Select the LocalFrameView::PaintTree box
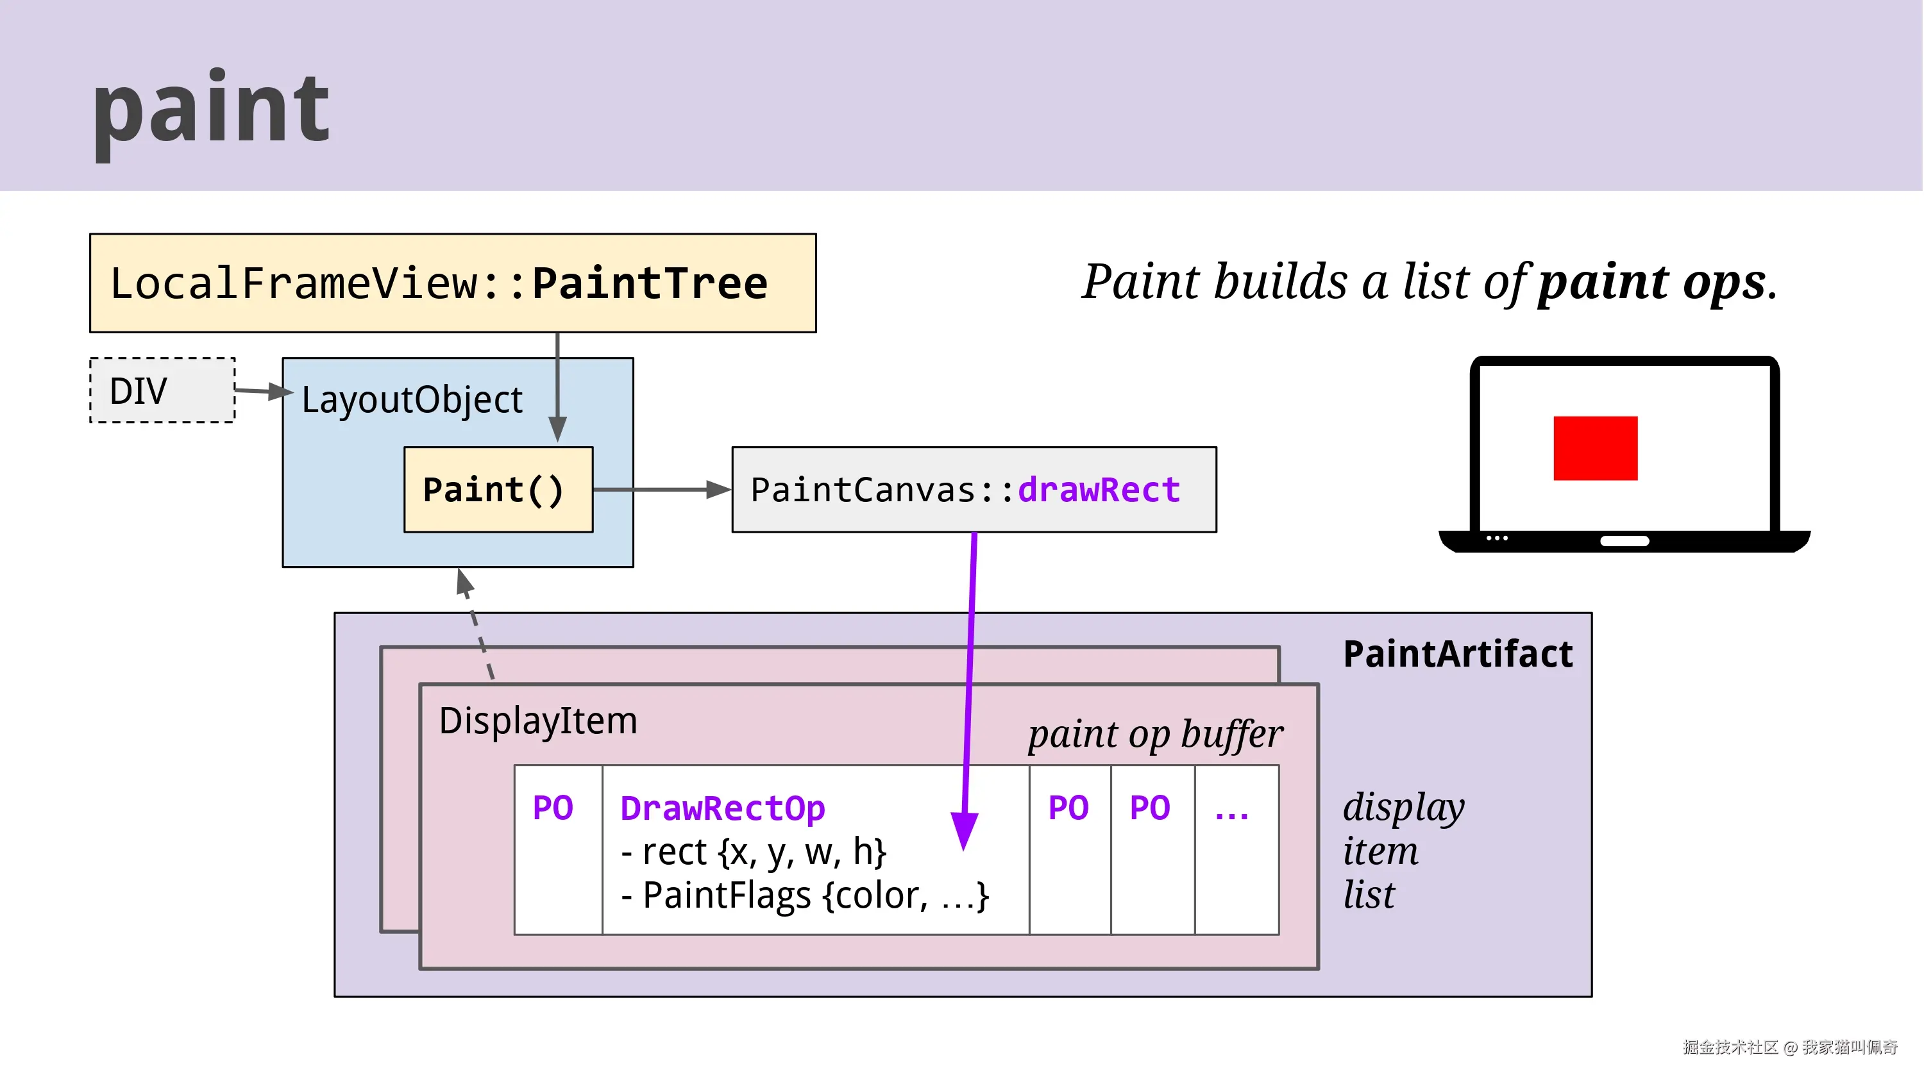(452, 283)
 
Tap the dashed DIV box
(162, 390)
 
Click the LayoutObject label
(412, 399)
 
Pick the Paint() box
(498, 490)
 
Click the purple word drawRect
(1099, 490)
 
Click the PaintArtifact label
(1457, 654)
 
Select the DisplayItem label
(538, 721)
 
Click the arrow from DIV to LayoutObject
(262, 390)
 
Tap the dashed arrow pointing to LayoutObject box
(475, 620)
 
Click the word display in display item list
(1403, 808)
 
